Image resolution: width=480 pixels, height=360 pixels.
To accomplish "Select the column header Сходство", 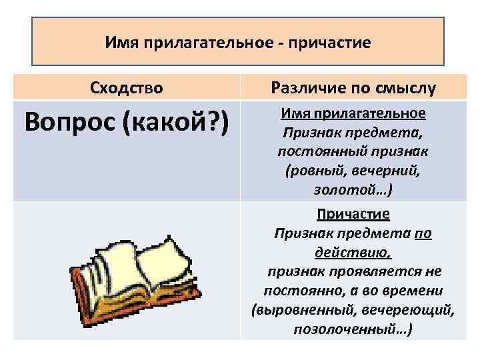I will (126, 87).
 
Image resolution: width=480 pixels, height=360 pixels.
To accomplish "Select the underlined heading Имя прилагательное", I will (353, 113).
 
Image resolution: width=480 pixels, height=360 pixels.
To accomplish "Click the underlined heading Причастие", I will (353, 215).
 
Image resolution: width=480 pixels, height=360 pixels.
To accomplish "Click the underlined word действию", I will (353, 253).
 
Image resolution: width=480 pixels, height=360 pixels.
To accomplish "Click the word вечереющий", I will (413, 311).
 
